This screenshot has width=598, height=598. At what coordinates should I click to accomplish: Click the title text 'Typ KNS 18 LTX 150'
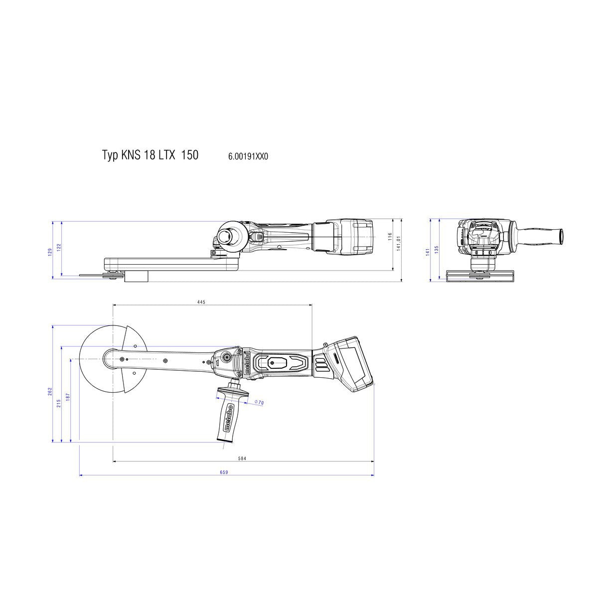[x=150, y=155]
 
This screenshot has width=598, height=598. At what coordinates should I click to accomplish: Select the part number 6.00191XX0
[x=248, y=156]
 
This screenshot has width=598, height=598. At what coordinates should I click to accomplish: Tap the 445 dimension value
[x=201, y=302]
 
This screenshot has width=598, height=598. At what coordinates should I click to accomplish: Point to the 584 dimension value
[x=242, y=458]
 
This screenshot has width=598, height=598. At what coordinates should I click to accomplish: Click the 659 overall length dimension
[x=223, y=472]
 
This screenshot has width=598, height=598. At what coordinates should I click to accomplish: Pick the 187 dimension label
[x=68, y=397]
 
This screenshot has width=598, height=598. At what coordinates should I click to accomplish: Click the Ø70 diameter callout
[x=259, y=402]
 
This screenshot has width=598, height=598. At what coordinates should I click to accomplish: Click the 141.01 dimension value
[x=399, y=244]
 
